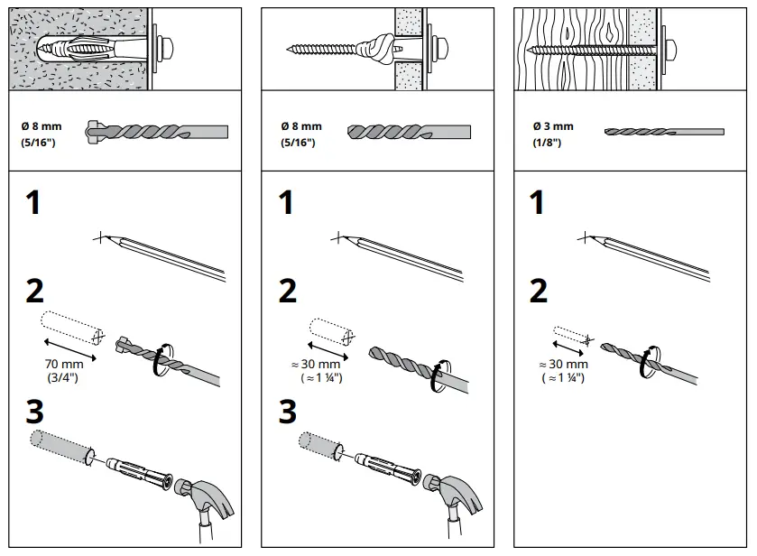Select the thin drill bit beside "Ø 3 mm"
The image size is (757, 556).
point(663,132)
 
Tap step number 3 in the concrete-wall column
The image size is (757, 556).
point(33,412)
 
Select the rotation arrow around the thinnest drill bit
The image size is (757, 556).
point(650,358)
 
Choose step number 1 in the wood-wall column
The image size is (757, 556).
point(538,202)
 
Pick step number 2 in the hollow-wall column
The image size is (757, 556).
point(287,291)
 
